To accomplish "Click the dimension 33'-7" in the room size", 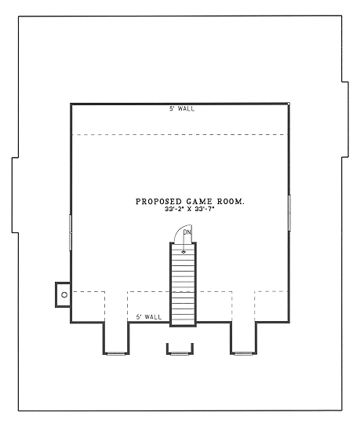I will [x=206, y=210].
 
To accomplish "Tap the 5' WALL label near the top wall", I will [x=182, y=108].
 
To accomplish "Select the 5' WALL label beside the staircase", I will [x=148, y=316].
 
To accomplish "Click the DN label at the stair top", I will [x=187, y=232].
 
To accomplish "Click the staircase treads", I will [x=183, y=286].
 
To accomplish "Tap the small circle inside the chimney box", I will [x=64, y=294].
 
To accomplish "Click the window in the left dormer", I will [x=116, y=353].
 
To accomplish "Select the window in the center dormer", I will [x=179, y=353].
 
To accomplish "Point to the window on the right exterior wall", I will [x=289, y=213].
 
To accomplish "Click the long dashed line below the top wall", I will [x=180, y=134].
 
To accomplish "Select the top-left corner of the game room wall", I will [x=71, y=104].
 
